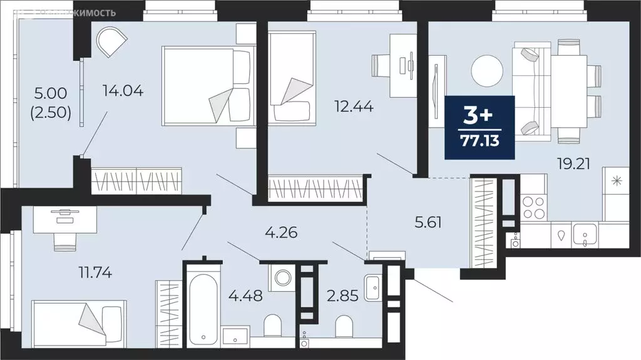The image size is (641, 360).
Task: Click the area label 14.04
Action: coord(123,91)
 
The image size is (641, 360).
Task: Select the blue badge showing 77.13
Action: coord(479,128)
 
